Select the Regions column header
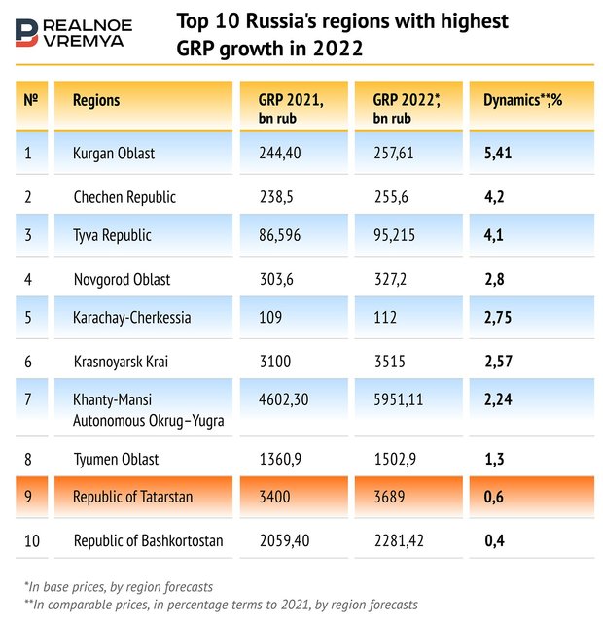(x=96, y=100)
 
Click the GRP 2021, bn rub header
(x=290, y=109)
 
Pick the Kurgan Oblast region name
(x=114, y=153)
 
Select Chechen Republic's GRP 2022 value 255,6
(x=394, y=196)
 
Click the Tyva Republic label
(x=112, y=236)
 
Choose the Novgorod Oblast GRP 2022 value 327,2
(x=394, y=279)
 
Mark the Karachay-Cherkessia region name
(x=132, y=317)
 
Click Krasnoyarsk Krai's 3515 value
(x=390, y=361)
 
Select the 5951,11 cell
(x=400, y=399)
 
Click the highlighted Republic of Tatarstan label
(x=133, y=497)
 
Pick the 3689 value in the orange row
(x=390, y=497)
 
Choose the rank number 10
(x=31, y=540)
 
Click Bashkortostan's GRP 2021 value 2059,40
(x=290, y=540)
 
